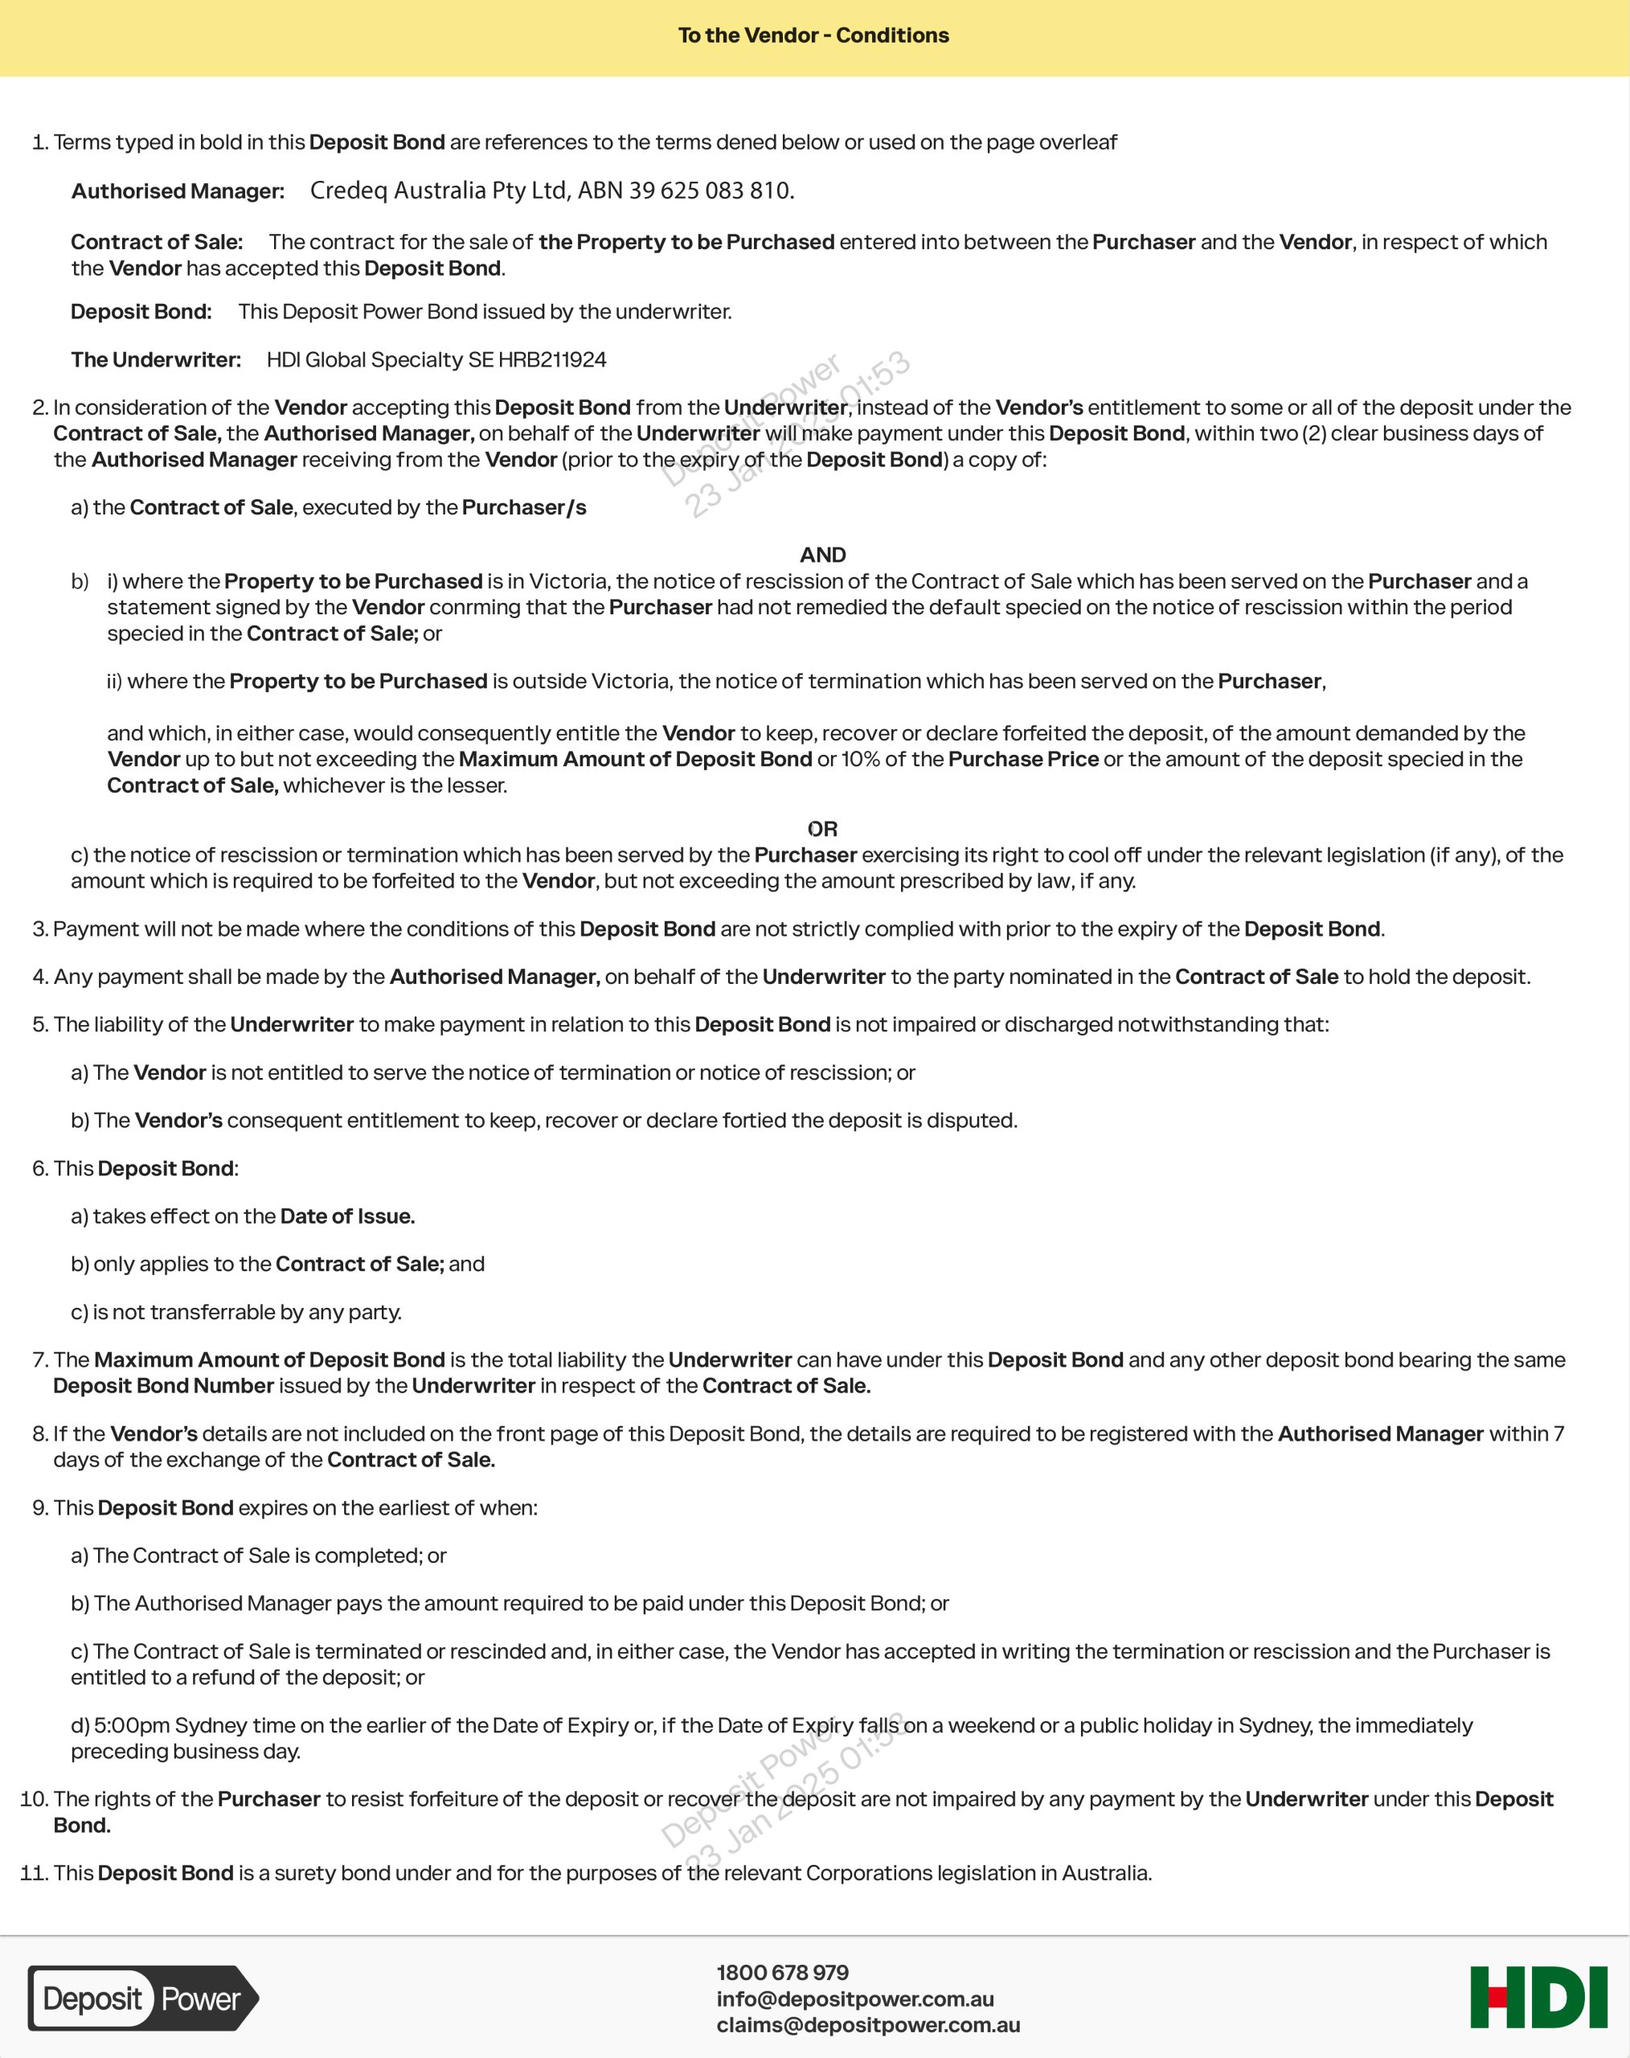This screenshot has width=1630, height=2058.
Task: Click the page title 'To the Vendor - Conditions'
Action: (813, 35)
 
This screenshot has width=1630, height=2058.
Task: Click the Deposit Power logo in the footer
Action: (142, 1998)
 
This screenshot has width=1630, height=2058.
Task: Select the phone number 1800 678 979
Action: (783, 1972)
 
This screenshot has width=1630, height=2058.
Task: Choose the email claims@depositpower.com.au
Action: (867, 2024)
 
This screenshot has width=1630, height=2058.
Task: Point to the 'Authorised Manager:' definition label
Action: (178, 191)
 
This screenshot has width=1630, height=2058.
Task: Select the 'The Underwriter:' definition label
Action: (156, 360)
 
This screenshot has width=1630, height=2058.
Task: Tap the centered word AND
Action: (822, 555)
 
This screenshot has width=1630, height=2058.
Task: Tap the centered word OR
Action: (822, 829)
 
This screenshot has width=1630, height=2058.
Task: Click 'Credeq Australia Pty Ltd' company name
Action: (439, 191)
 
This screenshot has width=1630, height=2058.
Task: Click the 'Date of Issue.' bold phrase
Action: (347, 1216)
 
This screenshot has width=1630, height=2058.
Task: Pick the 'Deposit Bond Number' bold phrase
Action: (163, 1385)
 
